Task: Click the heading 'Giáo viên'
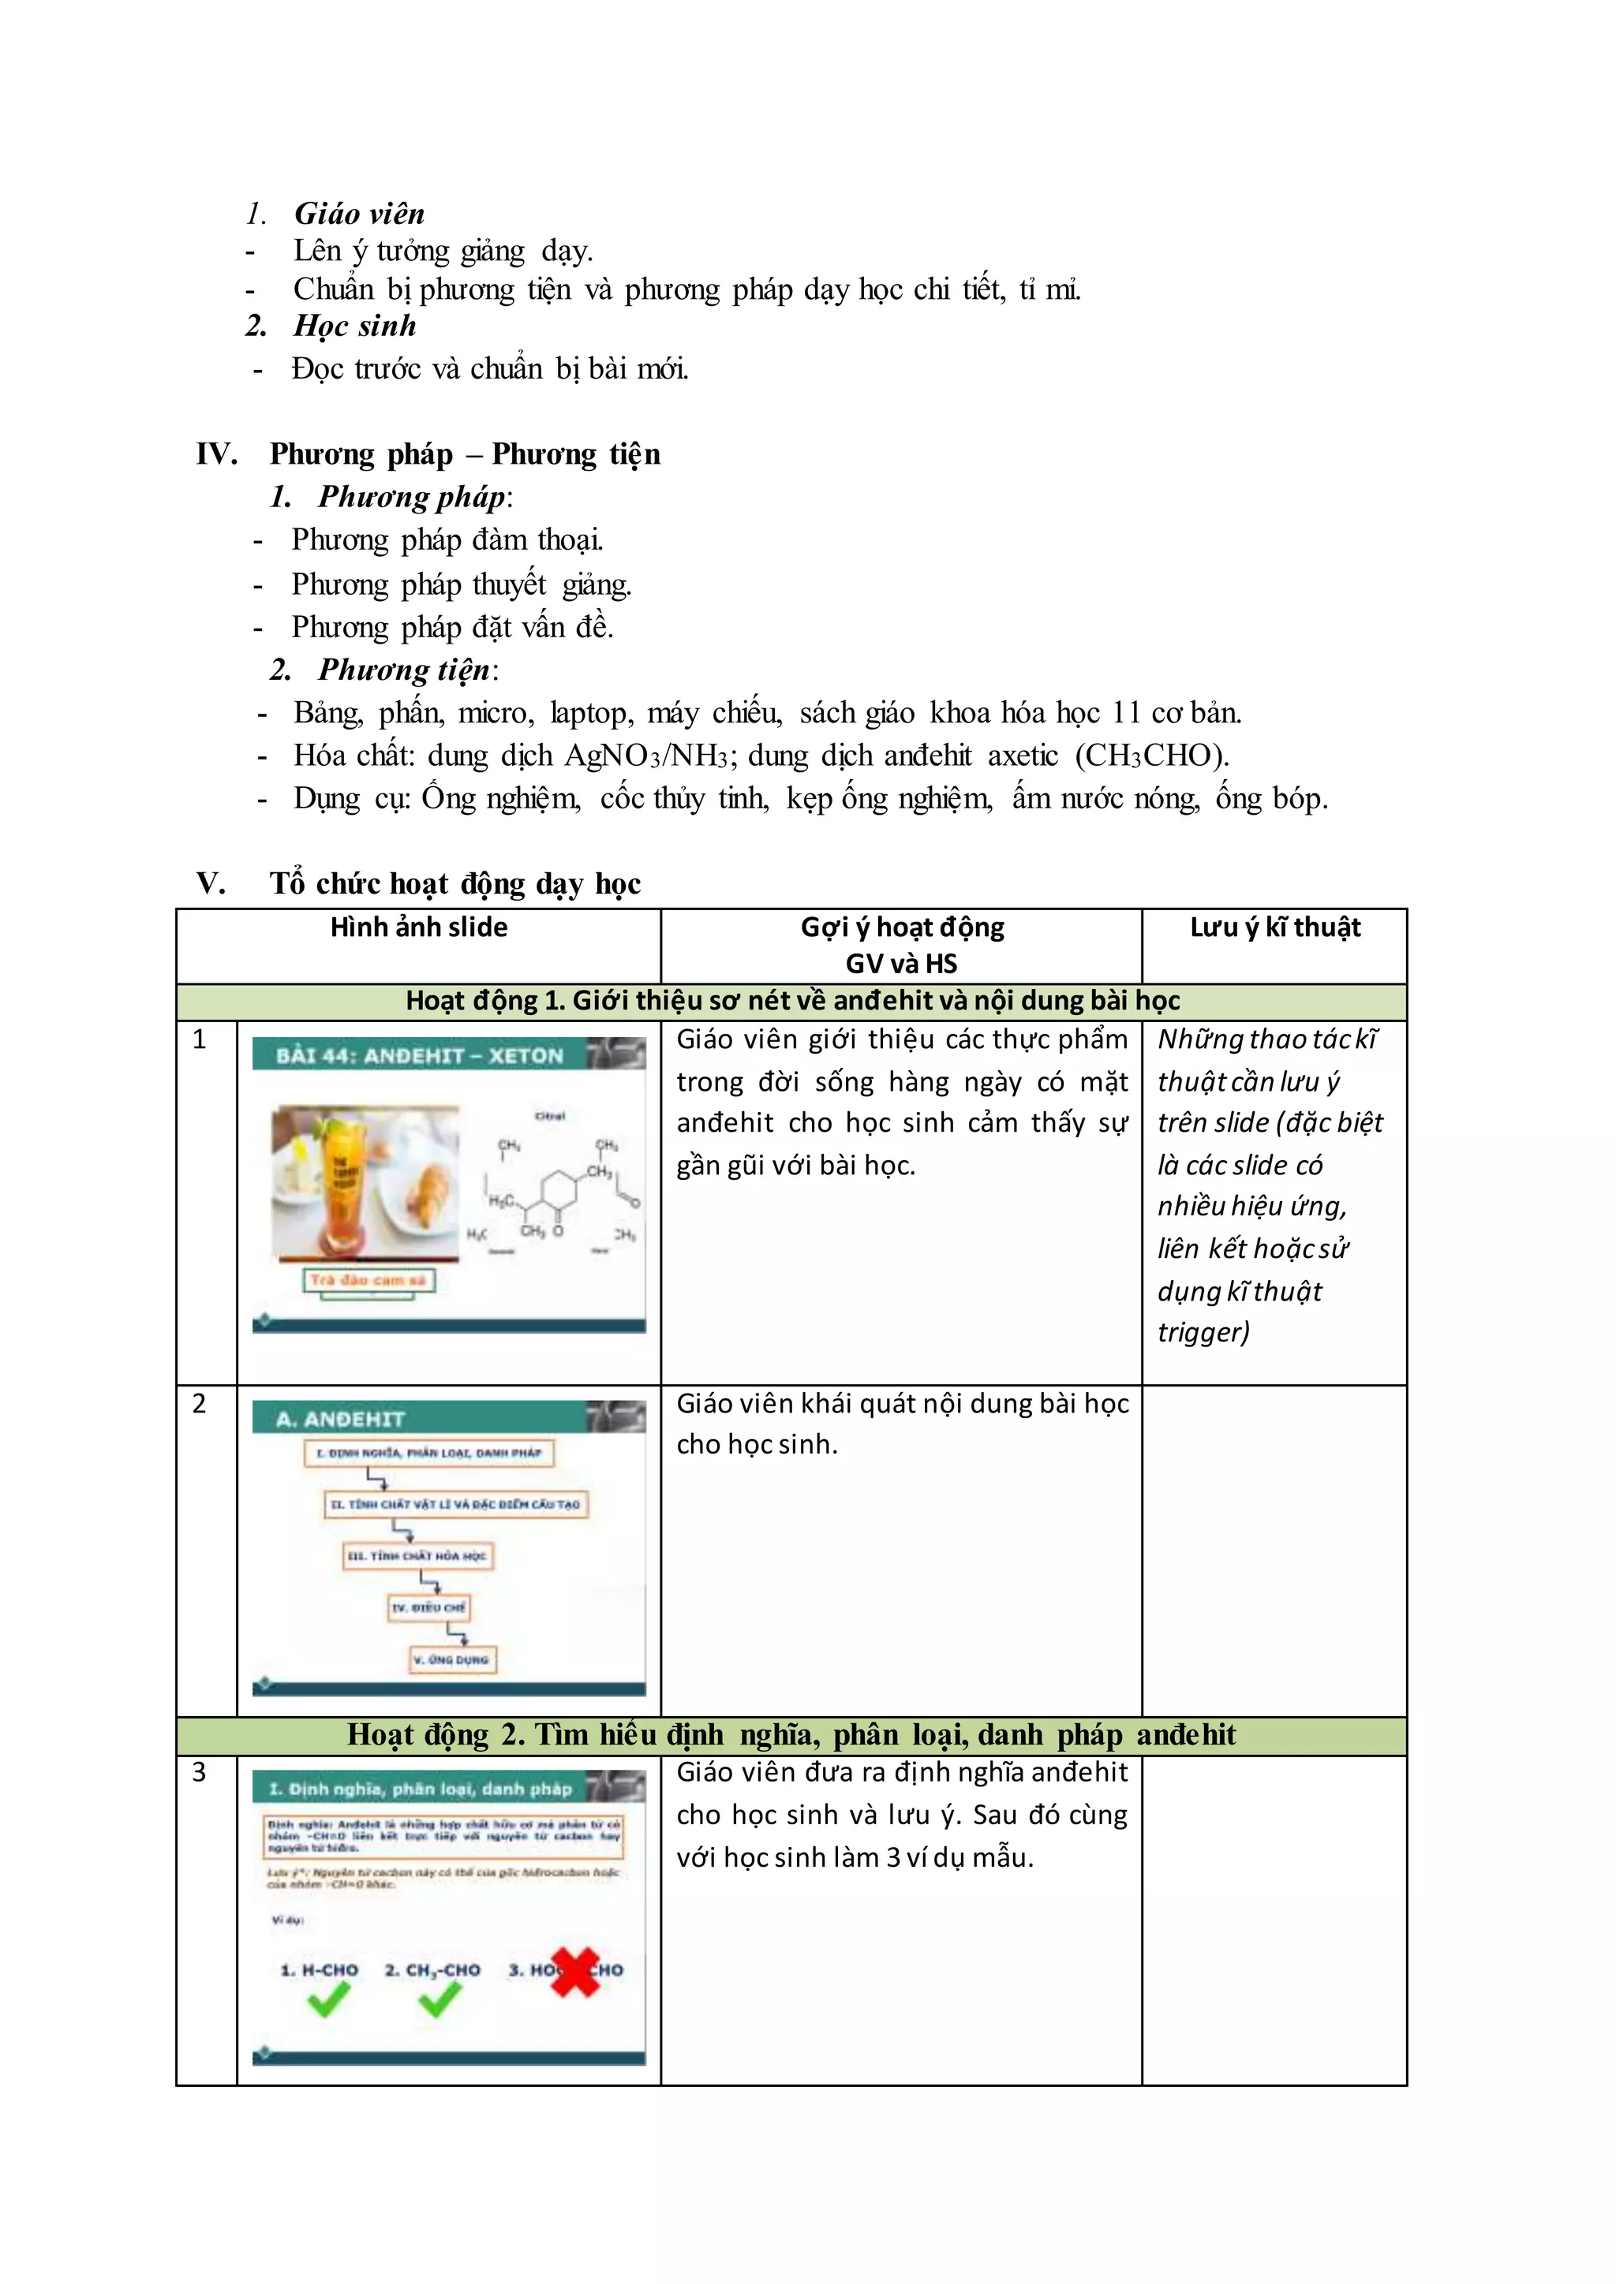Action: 359,214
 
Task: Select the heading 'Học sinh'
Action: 354,327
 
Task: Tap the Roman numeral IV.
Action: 216,454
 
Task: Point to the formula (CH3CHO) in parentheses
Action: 1151,756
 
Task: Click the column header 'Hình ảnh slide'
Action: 418,927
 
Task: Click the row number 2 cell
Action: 200,1404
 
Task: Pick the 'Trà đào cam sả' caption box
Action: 368,1280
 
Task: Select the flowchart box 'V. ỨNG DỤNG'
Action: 453,1659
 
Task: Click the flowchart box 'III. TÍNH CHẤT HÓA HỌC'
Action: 417,1556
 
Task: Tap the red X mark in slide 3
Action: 575,1972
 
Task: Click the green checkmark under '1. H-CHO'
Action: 328,1998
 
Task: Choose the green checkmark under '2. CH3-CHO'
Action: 439,1998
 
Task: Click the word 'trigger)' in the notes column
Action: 1202,1332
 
